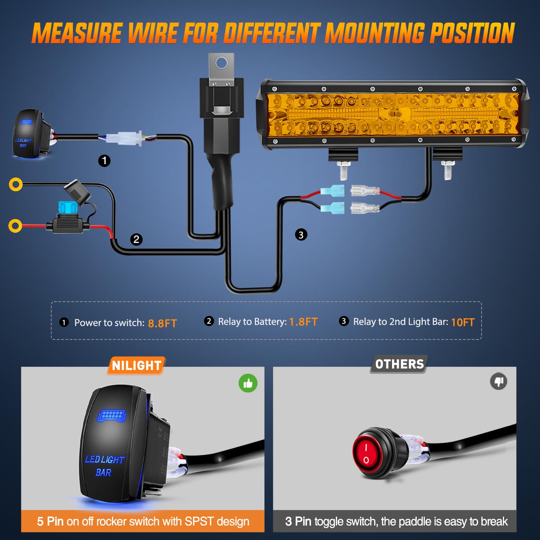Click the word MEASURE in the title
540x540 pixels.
tap(77, 33)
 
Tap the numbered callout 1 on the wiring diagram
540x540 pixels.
tap(104, 161)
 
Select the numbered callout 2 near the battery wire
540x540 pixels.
tap(136, 239)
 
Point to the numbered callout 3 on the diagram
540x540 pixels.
tap(301, 235)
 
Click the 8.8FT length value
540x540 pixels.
tap(162, 323)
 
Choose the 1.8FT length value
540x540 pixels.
tap(303, 322)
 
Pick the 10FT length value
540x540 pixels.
tap(463, 322)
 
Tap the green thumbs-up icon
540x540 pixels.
tap(248, 383)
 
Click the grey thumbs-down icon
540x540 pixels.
tap(499, 381)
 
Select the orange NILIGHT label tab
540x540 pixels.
tap(136, 366)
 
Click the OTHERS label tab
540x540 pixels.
tap(399, 364)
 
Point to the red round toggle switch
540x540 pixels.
tap(366, 453)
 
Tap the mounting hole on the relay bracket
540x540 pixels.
tap(221, 63)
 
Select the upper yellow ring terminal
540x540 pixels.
tap(15, 184)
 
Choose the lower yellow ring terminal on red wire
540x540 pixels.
tap(15, 226)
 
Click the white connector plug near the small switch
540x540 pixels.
tap(124, 138)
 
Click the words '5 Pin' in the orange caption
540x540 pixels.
tap(50, 521)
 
